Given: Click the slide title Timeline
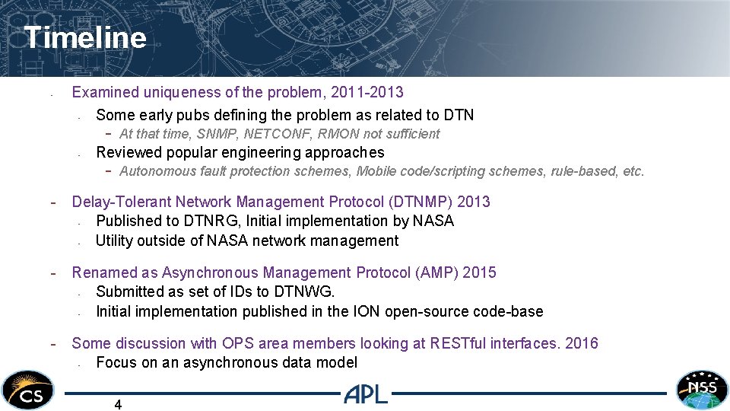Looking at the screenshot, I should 84,37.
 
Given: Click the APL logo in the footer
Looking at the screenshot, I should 366,394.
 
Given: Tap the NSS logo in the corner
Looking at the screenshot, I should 702,389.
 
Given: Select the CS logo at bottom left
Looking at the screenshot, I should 27,390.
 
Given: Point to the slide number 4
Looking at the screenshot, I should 118,405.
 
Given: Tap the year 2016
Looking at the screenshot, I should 582,343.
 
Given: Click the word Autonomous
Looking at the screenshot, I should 153,171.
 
